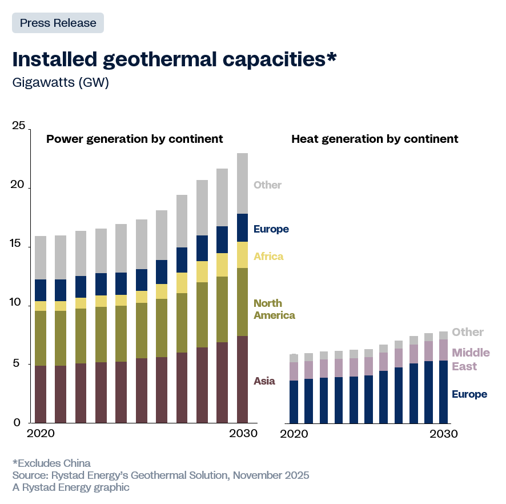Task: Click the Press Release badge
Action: coord(58,23)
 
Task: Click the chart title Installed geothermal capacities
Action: coord(174,59)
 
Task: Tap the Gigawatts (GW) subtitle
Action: coord(61,82)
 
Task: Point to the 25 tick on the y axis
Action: coord(19,126)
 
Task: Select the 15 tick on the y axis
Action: coord(19,245)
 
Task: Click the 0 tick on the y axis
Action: coord(17,422)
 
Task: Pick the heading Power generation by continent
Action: coord(134,139)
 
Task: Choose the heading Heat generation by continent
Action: coord(375,139)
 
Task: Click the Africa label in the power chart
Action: coord(268,257)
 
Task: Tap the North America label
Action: coord(274,309)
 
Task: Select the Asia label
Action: coord(264,381)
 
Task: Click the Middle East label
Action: coord(471,359)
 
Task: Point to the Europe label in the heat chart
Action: coord(469,394)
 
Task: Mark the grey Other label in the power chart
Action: coord(267,185)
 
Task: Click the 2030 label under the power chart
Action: coord(243,434)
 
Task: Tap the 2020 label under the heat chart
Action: coord(295,434)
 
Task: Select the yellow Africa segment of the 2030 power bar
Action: coord(242,255)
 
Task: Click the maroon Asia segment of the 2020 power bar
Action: coord(41,394)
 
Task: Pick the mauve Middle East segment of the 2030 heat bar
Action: coord(443,350)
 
